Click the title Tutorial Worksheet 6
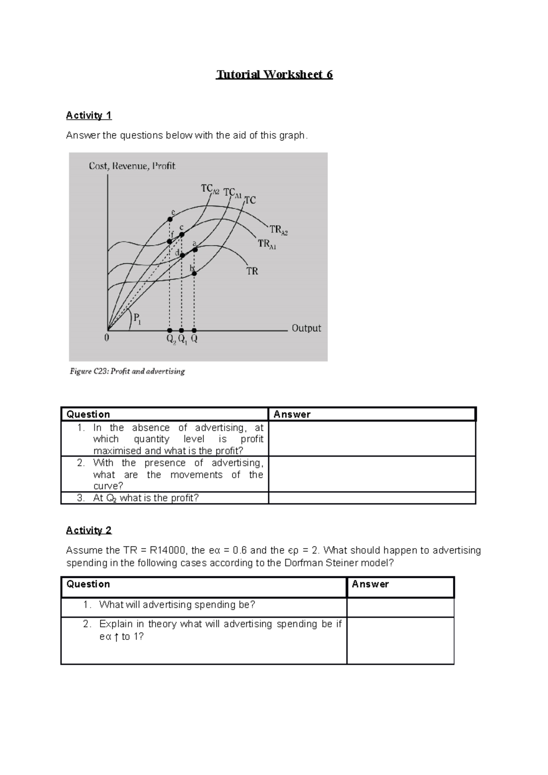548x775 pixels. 274,74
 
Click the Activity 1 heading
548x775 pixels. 89,115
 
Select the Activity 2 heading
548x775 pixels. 89,530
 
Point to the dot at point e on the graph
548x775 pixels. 170,220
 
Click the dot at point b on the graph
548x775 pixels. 194,273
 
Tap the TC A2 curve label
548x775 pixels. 210,189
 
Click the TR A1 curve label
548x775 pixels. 267,244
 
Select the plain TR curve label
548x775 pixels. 252,271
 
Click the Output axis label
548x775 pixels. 306,328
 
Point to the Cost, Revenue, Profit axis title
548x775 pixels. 132,166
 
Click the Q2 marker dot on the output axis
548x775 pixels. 169,330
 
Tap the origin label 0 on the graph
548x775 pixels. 106,339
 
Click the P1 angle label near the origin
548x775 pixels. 137,318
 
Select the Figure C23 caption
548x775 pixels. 127,372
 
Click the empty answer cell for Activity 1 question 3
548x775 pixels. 372,498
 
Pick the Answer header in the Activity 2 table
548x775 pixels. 370,584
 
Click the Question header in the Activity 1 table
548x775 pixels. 88,414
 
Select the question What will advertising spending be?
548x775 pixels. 177,605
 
